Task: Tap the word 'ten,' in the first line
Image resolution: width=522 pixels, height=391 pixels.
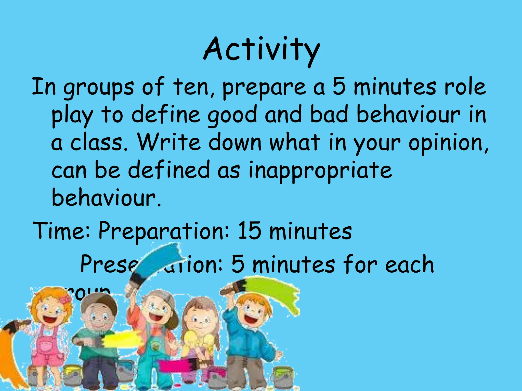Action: pos(194,87)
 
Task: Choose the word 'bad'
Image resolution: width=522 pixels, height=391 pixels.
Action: pos(329,115)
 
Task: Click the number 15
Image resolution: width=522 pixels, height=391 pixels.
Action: pos(249,230)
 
